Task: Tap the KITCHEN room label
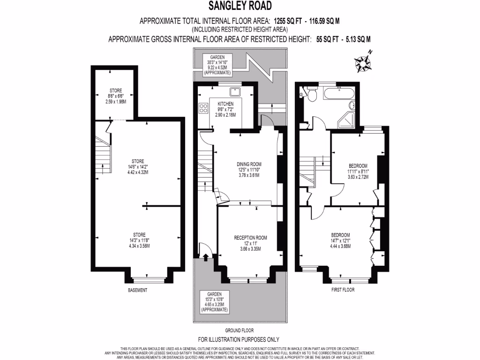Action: click(x=225, y=104)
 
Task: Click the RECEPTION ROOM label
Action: click(x=250, y=238)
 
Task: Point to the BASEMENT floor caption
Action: click(x=137, y=290)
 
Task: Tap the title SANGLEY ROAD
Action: click(x=240, y=6)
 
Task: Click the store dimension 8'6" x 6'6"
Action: click(x=116, y=96)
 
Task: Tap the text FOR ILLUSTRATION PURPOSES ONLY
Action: click(x=239, y=339)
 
